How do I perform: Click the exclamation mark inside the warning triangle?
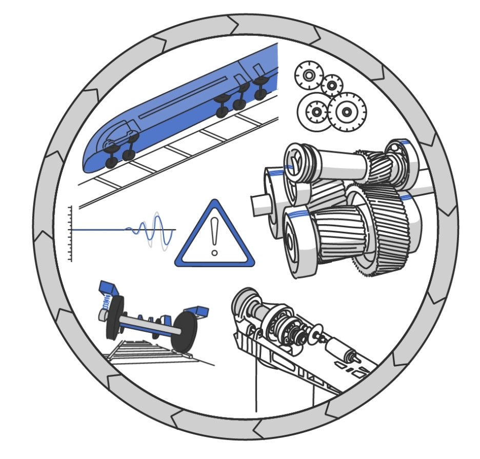tap(214, 235)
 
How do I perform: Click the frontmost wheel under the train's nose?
tap(111, 162)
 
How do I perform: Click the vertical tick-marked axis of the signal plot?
tap(70, 234)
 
